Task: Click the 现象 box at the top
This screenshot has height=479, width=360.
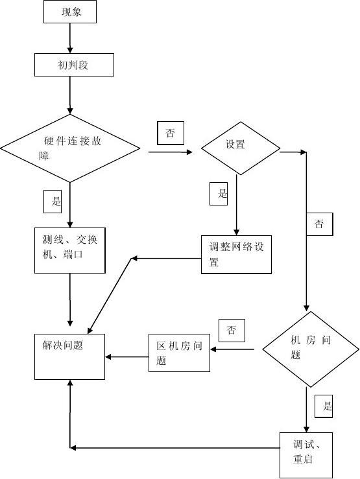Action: tap(71, 12)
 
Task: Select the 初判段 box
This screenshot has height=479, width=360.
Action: tap(75, 64)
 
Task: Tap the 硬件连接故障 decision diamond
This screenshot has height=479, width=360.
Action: tap(69, 148)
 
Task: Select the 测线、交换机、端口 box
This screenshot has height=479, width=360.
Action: tap(69, 250)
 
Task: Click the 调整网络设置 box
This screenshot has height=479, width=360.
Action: tap(236, 254)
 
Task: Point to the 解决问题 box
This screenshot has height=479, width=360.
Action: tap(69, 356)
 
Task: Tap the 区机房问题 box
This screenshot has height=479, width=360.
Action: tap(179, 353)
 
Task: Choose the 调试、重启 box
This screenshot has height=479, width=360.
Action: tap(306, 455)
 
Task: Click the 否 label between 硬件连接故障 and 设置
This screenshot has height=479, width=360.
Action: tap(171, 133)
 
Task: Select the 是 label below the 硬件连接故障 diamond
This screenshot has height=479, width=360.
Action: tap(56, 200)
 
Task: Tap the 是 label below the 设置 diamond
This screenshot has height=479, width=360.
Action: tap(219, 193)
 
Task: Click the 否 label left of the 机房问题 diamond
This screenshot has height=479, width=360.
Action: tap(232, 331)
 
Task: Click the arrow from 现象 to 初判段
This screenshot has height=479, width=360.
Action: tap(71, 38)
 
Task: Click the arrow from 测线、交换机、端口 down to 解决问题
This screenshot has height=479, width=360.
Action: tap(70, 298)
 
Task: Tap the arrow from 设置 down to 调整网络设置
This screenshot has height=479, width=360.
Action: tap(236, 204)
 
